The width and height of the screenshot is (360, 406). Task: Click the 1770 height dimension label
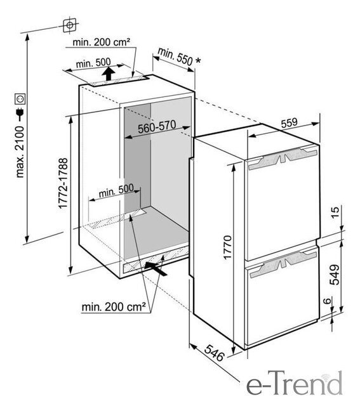pyautogui.click(x=227, y=247)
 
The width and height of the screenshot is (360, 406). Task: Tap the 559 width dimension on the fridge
pyautogui.click(x=290, y=122)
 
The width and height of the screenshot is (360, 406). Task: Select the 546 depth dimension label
pyautogui.click(x=215, y=353)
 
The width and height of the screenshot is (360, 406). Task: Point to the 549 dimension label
pyautogui.click(x=335, y=275)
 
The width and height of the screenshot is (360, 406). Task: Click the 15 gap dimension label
pyautogui.click(x=335, y=213)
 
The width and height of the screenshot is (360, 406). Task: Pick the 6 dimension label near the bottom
pyautogui.click(x=328, y=301)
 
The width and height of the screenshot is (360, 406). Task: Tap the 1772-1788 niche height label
pyautogui.click(x=63, y=183)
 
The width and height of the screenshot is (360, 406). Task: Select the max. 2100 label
pyautogui.click(x=20, y=152)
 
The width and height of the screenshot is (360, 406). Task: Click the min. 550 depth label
pyautogui.click(x=175, y=56)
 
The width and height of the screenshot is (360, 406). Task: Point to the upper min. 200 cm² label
pyautogui.click(x=101, y=42)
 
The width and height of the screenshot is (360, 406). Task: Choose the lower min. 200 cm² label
pyautogui.click(x=114, y=307)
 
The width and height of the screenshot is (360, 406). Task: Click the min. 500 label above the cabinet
pyautogui.click(x=93, y=63)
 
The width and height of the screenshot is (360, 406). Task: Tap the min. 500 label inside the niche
pyautogui.click(x=116, y=190)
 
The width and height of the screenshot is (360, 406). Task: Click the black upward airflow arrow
pyautogui.click(x=108, y=74)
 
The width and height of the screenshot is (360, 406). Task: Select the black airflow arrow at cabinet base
pyautogui.click(x=156, y=268)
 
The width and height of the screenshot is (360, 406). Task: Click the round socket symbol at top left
pyautogui.click(x=69, y=25)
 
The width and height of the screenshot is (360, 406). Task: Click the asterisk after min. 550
pyautogui.click(x=198, y=61)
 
